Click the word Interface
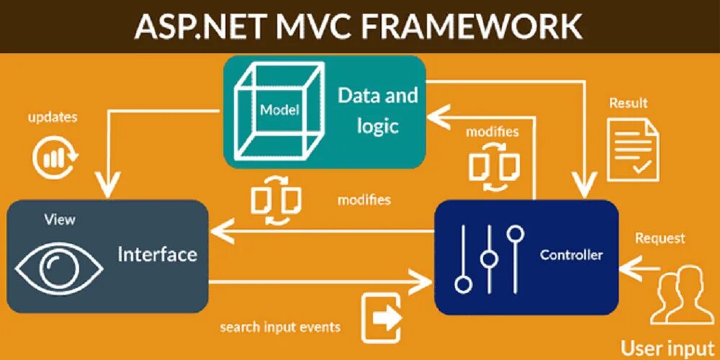point(157,254)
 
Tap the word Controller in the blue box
point(571,255)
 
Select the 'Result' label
point(628,103)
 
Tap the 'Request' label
point(660,238)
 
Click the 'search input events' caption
point(280,327)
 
